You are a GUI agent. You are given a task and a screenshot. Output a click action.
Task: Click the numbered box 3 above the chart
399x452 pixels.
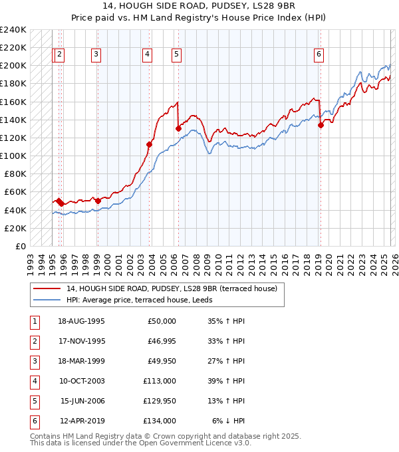96,55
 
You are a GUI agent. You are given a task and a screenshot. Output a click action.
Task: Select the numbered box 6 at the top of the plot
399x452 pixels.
319,55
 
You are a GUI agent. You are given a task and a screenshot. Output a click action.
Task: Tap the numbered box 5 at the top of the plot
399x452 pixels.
176,55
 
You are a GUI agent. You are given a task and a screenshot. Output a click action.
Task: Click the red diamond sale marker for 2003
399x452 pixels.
149,144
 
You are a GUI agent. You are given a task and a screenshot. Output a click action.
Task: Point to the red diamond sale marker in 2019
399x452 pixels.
321,125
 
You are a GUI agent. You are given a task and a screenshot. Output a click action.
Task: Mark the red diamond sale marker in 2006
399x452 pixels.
178,129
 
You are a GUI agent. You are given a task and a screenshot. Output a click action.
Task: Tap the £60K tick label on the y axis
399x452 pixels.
15,192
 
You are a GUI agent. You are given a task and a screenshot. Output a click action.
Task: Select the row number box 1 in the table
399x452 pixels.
33,321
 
